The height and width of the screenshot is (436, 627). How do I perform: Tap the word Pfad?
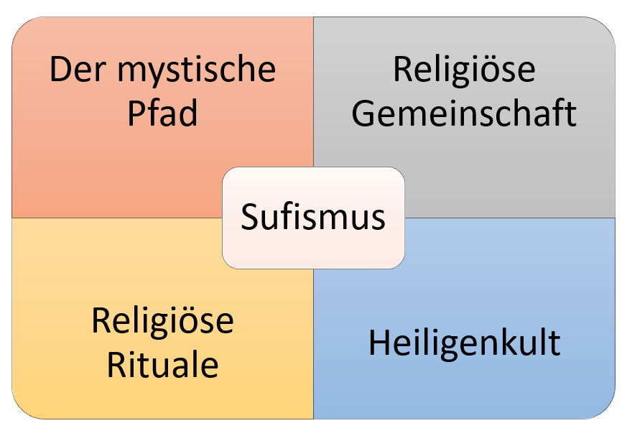[162, 113]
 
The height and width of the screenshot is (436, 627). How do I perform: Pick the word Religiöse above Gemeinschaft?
[464, 70]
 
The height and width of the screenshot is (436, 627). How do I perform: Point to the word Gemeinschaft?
[464, 113]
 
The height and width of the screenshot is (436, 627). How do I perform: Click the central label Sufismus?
[313, 216]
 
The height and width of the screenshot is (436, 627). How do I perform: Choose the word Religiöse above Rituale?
[162, 321]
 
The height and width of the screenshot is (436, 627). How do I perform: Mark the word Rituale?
[162, 364]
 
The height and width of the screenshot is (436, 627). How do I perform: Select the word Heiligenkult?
[464, 343]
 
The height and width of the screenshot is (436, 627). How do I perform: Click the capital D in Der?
[61, 70]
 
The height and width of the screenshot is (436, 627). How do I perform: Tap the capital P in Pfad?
[136, 113]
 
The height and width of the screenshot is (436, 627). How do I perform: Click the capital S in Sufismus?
[249, 216]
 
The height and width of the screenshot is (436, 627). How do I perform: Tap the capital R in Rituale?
[116, 364]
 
